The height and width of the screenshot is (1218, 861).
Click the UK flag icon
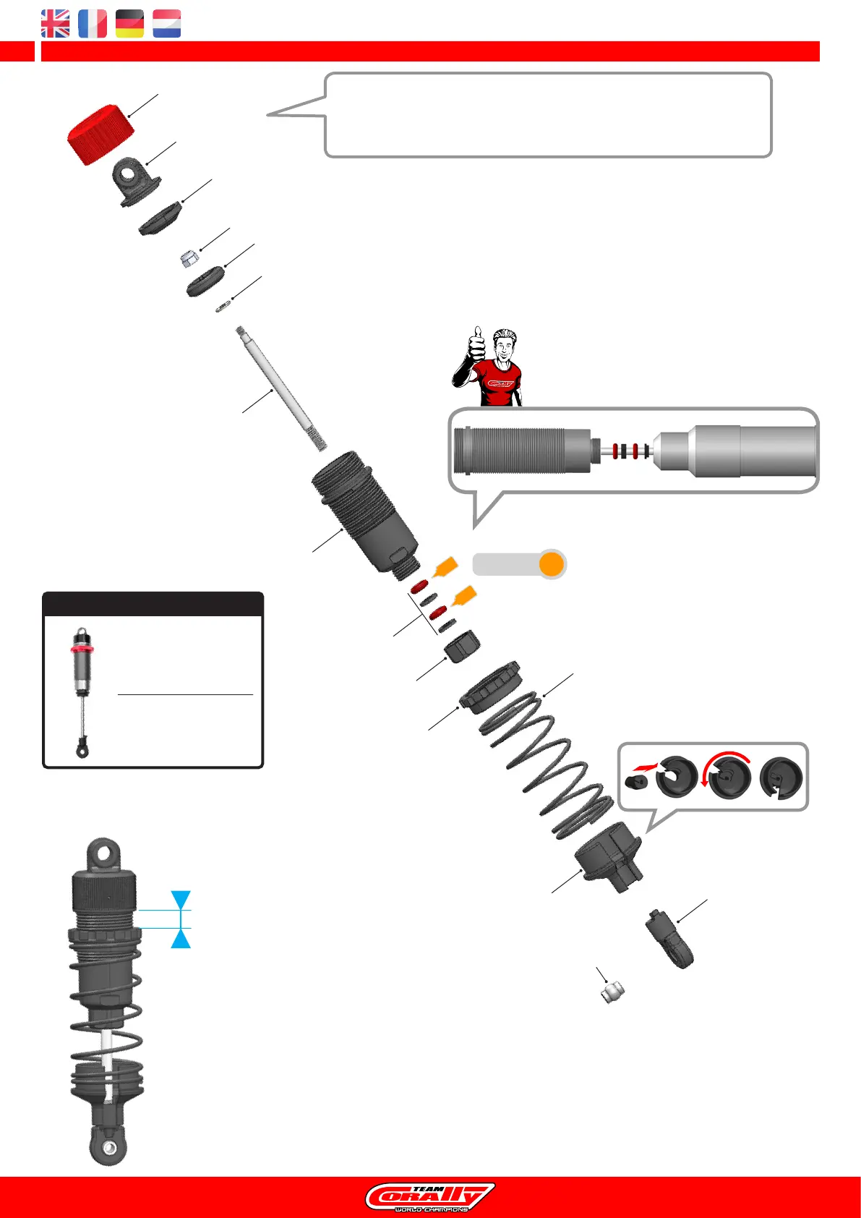click(56, 24)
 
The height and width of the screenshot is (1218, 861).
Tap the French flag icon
click(93, 24)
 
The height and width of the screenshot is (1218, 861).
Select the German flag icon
click(129, 24)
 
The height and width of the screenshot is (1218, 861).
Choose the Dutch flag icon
click(167, 24)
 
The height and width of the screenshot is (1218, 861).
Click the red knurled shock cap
click(100, 135)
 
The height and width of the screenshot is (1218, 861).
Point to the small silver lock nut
click(188, 257)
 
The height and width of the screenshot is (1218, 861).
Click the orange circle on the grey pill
click(552, 564)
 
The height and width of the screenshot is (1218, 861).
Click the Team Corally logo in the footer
click(430, 1197)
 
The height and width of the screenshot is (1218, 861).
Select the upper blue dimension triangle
click(181, 900)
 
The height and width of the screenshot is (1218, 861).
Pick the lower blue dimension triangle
click(181, 938)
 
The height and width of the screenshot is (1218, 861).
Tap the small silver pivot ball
click(612, 989)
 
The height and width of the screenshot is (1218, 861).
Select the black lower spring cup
click(609, 856)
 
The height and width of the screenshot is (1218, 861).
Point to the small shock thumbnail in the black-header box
click(82, 691)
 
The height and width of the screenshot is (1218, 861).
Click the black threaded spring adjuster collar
click(492, 687)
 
